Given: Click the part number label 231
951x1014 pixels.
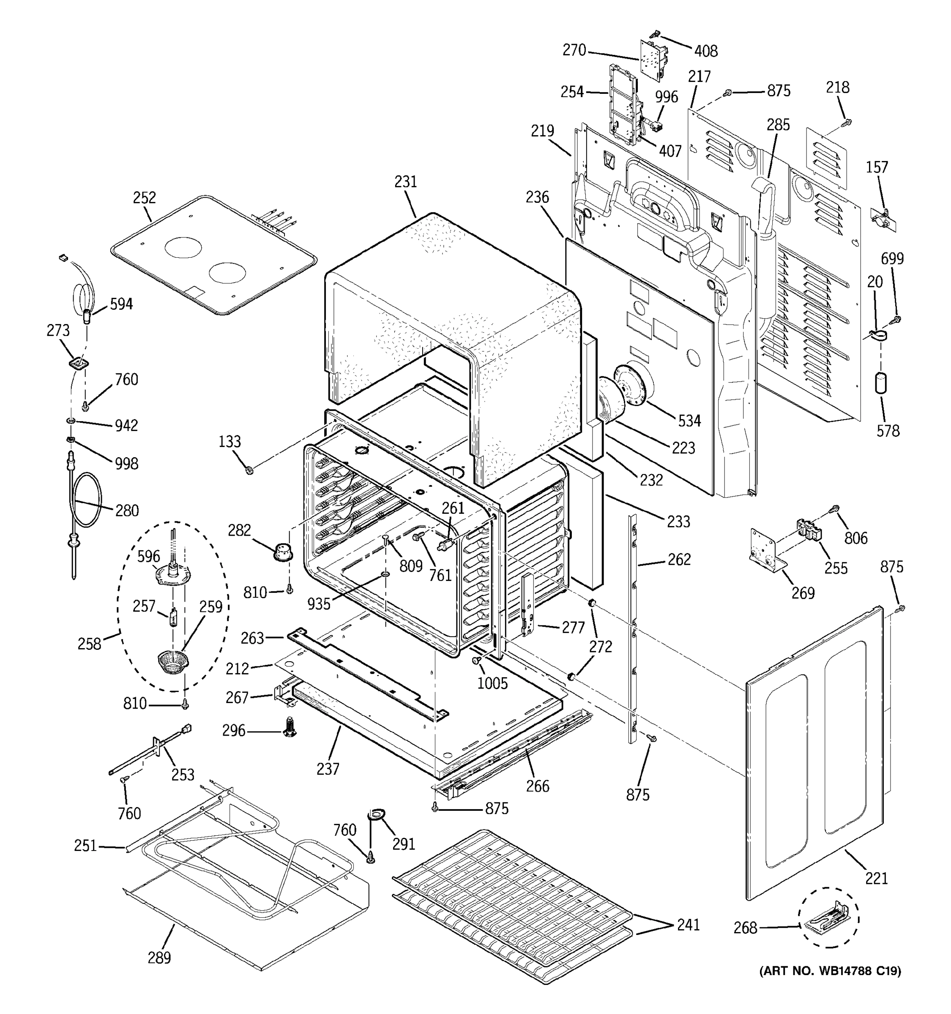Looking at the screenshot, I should pos(406,182).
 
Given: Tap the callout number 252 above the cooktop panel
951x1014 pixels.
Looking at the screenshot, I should pos(145,198).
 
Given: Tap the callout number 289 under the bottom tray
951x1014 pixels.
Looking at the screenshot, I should pos(159,958).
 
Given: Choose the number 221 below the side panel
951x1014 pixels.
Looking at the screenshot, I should pos(877,878).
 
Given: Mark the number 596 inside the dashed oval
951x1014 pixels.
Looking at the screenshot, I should pos(148,556).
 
